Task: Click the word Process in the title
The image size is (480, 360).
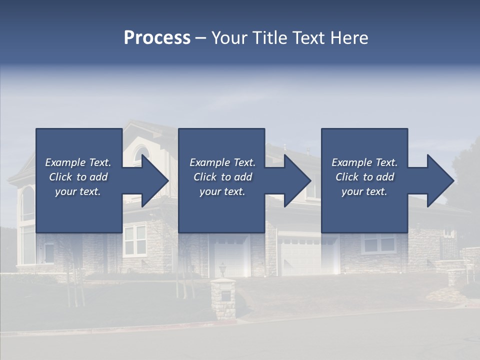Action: [157, 38]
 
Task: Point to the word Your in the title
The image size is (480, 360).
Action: [230, 38]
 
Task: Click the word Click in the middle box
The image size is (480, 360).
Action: [204, 177]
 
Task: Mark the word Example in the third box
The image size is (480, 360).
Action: [351, 162]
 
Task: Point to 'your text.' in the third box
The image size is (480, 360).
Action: [364, 191]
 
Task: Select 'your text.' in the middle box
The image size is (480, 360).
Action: [222, 191]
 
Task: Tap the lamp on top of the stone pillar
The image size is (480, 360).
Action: [222, 269]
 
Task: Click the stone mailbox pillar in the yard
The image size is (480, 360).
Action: [223, 299]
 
